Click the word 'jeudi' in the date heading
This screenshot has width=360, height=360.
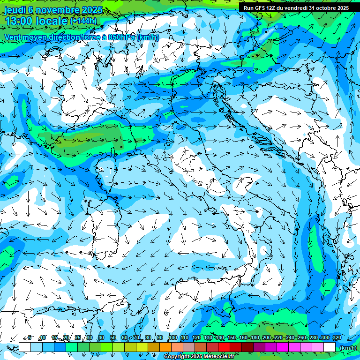[x=15, y=10]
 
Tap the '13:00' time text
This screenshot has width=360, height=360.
[x=20, y=21]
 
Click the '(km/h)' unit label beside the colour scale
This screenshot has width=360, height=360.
[x=347, y=347]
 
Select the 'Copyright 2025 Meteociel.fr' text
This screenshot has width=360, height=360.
[x=197, y=357]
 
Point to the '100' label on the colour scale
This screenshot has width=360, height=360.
[x=172, y=337]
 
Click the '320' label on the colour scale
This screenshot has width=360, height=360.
[x=337, y=337]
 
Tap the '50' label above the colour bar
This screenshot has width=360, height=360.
[x=112, y=337]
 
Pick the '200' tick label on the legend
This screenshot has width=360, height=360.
[x=266, y=337]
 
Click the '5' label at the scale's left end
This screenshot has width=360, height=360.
[x=30, y=337]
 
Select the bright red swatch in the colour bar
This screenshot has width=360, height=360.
[x=224, y=347]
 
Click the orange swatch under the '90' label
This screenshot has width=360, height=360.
[x=165, y=347]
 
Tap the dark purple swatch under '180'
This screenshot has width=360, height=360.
[x=259, y=347]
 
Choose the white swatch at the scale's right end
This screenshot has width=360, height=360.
[x=330, y=347]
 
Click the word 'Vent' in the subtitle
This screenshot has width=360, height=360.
[x=13, y=37]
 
